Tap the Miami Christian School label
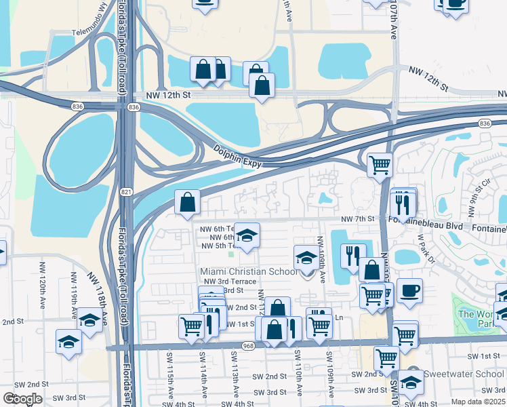click(x=249, y=271)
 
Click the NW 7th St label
click(x=358, y=218)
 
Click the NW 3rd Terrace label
click(x=225, y=281)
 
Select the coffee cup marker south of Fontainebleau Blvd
click(x=409, y=290)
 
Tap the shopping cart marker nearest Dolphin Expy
click(x=380, y=163)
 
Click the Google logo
click(x=23, y=399)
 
